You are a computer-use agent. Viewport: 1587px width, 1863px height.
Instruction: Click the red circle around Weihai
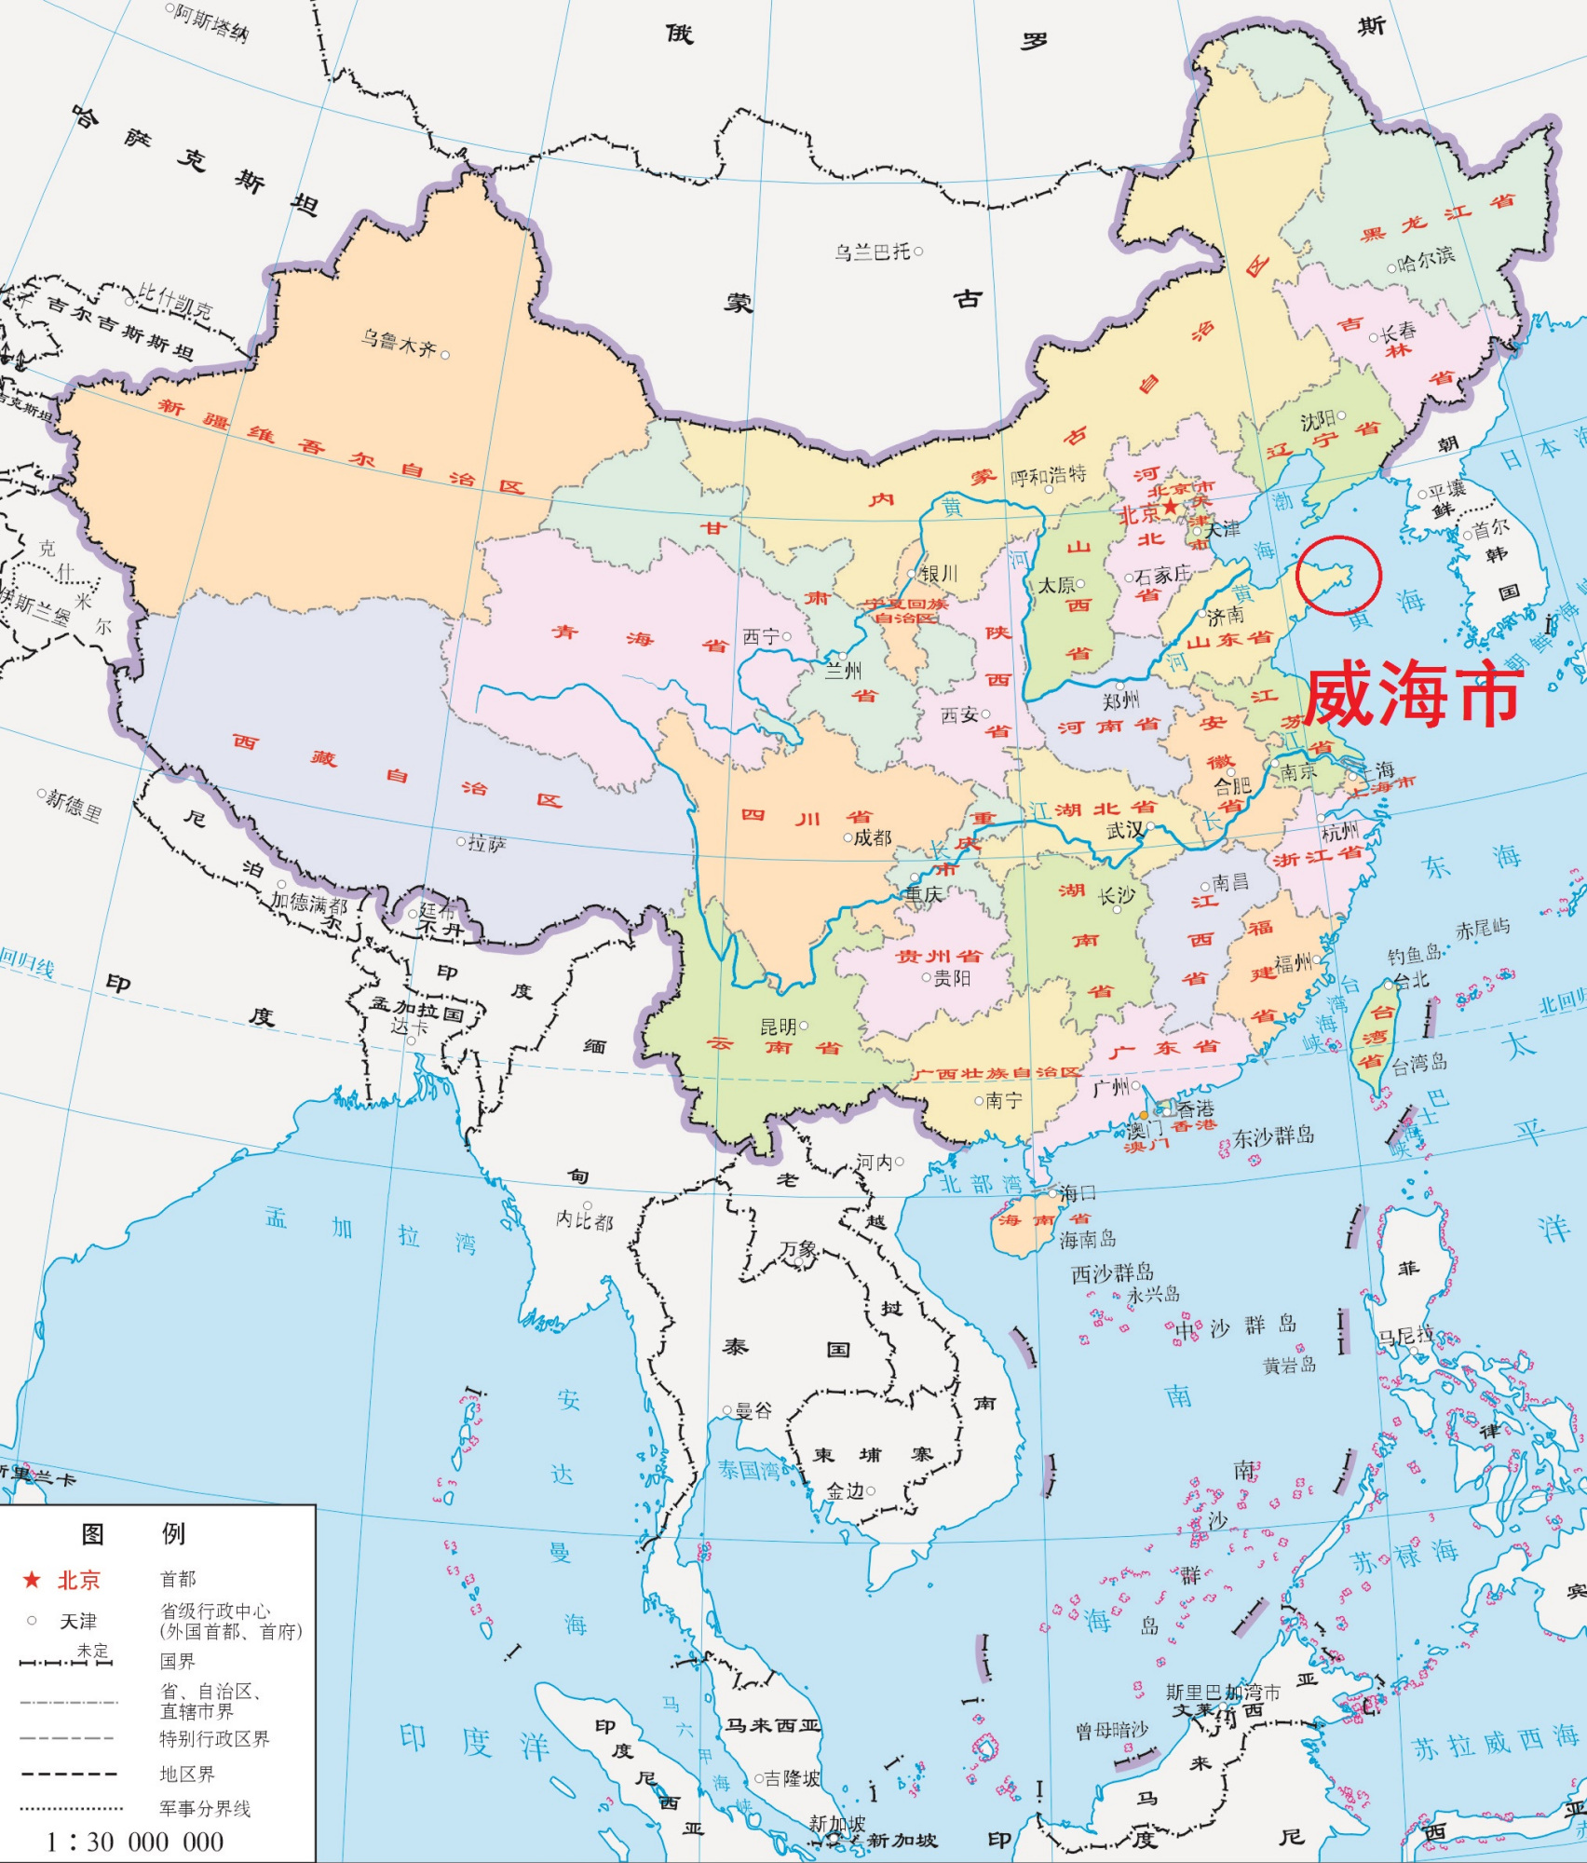click(x=1338, y=575)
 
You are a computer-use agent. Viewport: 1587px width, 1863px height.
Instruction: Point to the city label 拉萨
click(x=487, y=844)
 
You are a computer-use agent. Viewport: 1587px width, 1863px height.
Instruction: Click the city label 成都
click(x=873, y=837)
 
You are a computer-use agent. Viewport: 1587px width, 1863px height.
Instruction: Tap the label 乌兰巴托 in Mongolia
click(x=872, y=252)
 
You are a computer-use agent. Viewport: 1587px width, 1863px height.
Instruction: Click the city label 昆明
click(x=779, y=1027)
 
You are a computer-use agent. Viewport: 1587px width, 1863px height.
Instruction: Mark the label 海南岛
click(x=1088, y=1240)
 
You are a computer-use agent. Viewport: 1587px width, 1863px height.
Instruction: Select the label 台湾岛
click(x=1419, y=1064)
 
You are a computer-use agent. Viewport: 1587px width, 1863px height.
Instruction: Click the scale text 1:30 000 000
click(x=135, y=1842)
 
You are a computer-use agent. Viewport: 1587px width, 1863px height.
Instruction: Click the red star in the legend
click(x=32, y=1580)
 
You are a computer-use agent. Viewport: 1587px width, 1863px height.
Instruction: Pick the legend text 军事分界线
click(x=205, y=1808)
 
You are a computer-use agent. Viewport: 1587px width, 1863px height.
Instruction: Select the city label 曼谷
click(x=753, y=1410)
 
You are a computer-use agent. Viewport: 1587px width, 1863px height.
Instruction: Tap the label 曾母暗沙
click(x=1112, y=1731)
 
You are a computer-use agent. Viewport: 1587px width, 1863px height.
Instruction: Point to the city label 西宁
click(x=761, y=637)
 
